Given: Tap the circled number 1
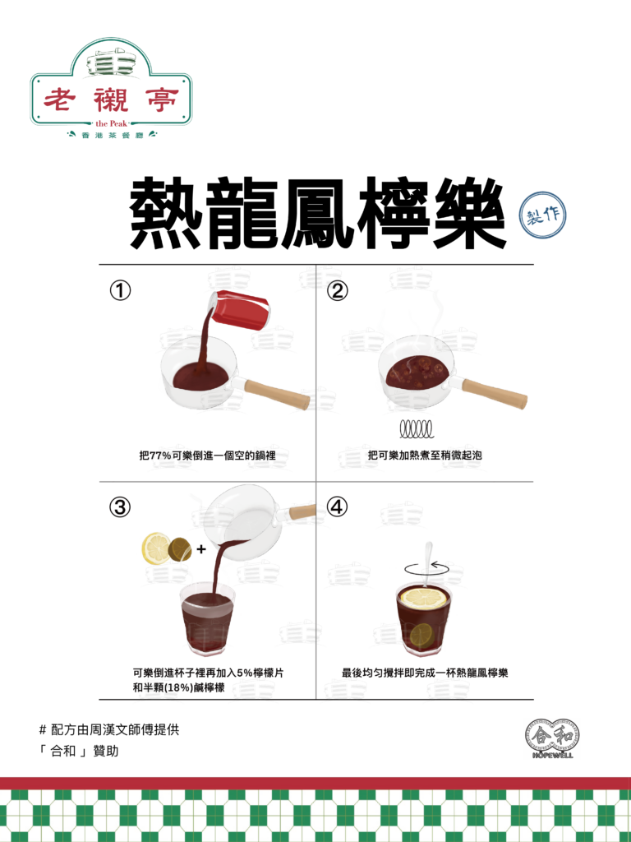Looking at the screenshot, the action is coord(120,290).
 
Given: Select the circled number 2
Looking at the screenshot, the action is coord(338,290).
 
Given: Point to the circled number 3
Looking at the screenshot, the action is coord(120,507).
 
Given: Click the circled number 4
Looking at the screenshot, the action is coord(338,507).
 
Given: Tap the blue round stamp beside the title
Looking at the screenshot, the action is coord(542,215).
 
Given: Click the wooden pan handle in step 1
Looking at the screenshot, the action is coord(277,394).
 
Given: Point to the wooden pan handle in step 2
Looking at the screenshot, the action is coord(494,393).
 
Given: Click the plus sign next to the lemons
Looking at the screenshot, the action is coord(201,549).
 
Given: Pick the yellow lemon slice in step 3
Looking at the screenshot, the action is coord(156,548).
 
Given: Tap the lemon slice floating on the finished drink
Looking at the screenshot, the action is coord(424,599).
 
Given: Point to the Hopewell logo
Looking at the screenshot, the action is coord(553,738).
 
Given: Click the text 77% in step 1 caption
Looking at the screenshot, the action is coord(161,456).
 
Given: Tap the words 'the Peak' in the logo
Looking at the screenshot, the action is coord(112,123).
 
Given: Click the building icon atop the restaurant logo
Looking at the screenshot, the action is coord(111,60).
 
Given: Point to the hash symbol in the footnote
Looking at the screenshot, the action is coord(43,730).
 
